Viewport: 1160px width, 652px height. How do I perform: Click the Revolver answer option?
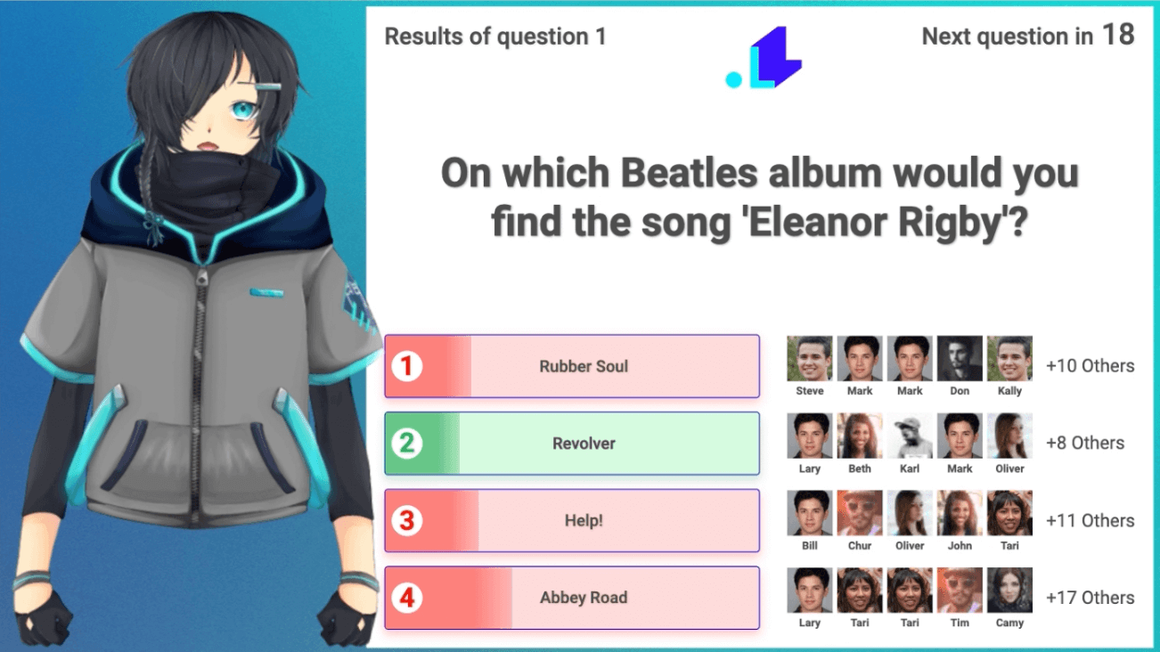pos(584,444)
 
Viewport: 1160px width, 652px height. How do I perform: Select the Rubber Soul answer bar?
pos(584,366)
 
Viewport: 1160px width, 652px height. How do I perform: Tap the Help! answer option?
pos(584,521)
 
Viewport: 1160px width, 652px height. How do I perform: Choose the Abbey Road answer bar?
pos(584,598)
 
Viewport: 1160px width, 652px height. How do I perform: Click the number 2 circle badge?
pos(407,444)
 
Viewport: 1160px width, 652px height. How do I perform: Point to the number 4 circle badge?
pos(407,598)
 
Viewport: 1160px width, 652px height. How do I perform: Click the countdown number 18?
pos(1118,36)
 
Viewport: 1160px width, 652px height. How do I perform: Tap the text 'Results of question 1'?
pos(495,37)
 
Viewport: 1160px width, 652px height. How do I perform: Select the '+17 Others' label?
pos(1090,598)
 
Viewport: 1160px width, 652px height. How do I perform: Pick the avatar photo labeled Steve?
pos(810,358)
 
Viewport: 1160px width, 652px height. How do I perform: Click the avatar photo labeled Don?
pos(960,358)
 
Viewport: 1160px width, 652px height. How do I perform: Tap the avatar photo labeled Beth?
pos(860,436)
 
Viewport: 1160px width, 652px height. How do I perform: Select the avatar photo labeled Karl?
pos(910,436)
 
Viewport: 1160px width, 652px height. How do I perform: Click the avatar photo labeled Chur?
pos(860,513)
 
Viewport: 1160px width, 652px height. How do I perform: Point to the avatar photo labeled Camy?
pos(1009,590)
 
